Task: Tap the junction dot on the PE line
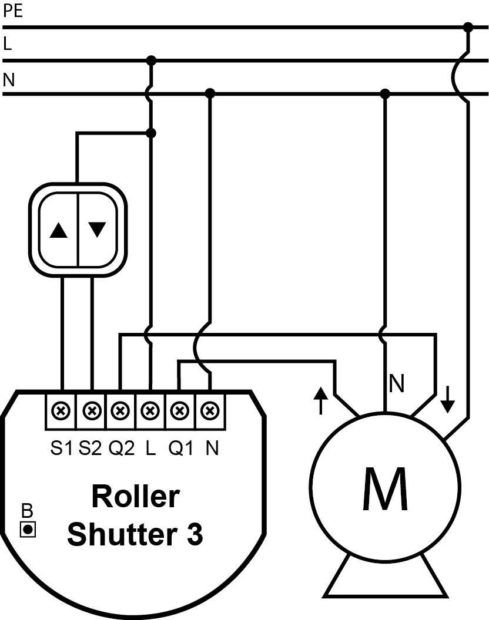tap(468, 27)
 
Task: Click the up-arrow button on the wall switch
tap(59, 230)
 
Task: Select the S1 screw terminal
tap(61, 410)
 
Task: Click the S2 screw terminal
tap(91, 410)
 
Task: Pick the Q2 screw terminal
tap(120, 410)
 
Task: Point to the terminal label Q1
tap(181, 449)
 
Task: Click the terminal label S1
tap(62, 449)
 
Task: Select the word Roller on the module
tap(135, 497)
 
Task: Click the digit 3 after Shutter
tap(195, 535)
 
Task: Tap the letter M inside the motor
tap(384, 489)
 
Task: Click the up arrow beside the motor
tap(320, 400)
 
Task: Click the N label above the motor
tap(397, 385)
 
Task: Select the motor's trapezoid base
tap(384, 578)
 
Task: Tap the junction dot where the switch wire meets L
tap(151, 133)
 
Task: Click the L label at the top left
tap(8, 45)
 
